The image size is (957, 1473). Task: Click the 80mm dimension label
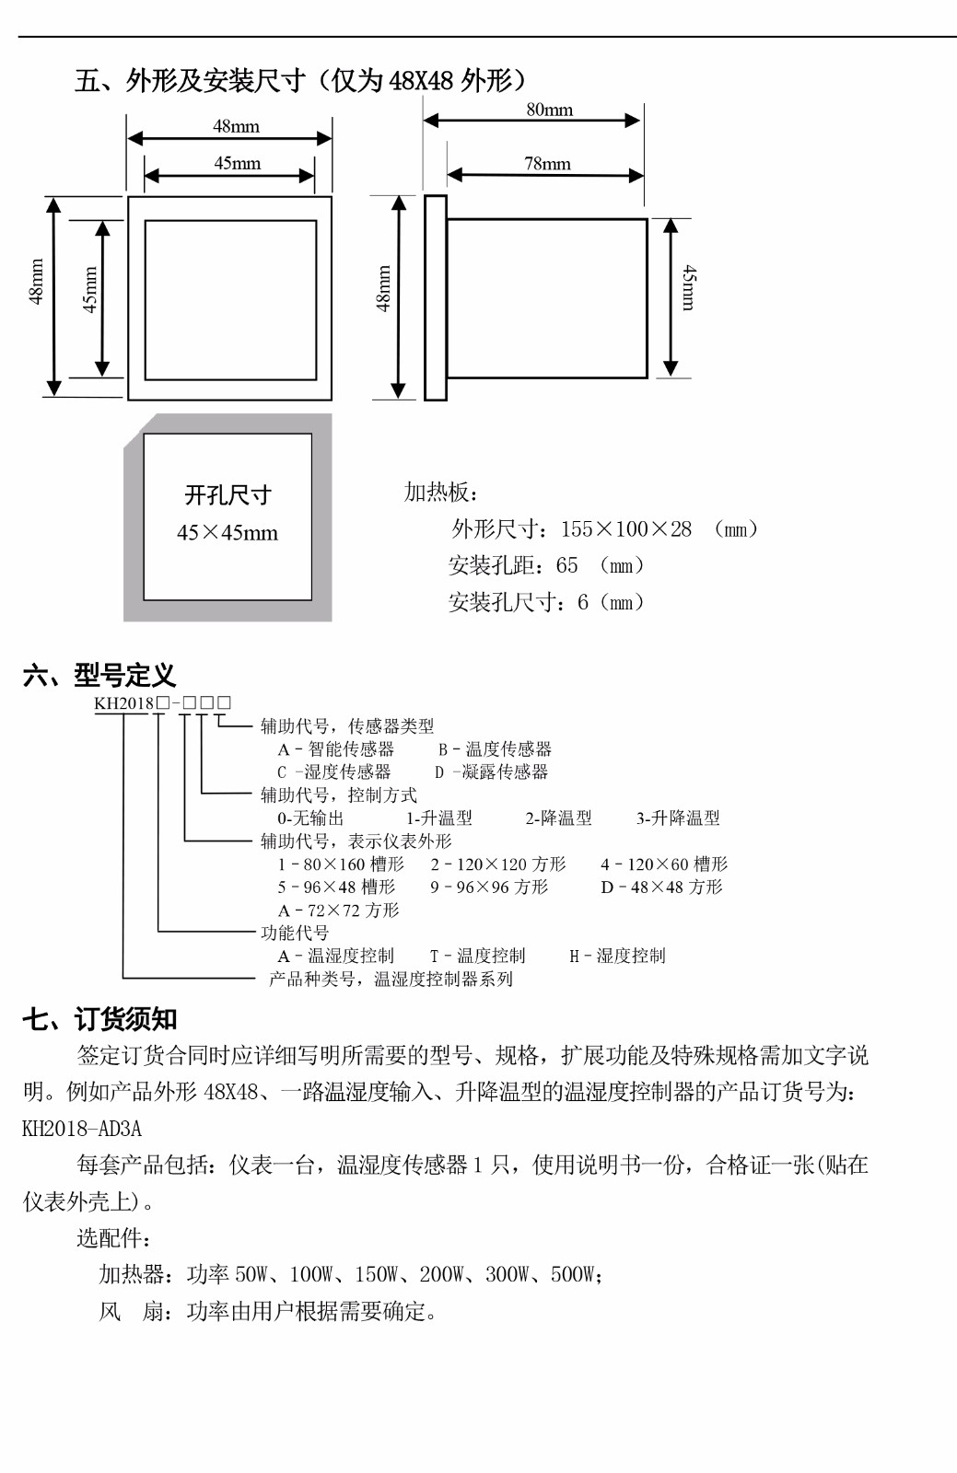[549, 110]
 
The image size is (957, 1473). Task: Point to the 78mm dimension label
[547, 164]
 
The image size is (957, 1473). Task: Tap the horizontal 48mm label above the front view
[236, 126]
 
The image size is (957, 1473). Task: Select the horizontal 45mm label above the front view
[237, 163]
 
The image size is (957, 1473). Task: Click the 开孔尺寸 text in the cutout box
[228, 495]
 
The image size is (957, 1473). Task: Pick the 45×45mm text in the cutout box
[228, 533]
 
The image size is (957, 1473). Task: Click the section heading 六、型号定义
[99, 676]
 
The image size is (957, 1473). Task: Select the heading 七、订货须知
[100, 1019]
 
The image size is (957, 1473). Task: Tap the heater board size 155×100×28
[626, 528]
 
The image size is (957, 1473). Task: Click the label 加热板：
[440, 492]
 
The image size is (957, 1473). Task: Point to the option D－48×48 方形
[661, 887]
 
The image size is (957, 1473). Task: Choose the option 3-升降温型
[678, 818]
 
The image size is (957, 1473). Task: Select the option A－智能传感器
[336, 749]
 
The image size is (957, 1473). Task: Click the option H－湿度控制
[618, 956]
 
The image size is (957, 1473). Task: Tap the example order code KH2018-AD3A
[82, 1129]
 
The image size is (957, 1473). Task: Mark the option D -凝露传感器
[491, 772]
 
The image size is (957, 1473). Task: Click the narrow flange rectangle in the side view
[436, 297]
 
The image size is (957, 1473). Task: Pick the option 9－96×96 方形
[489, 887]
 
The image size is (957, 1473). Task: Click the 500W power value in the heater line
[573, 1275]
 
